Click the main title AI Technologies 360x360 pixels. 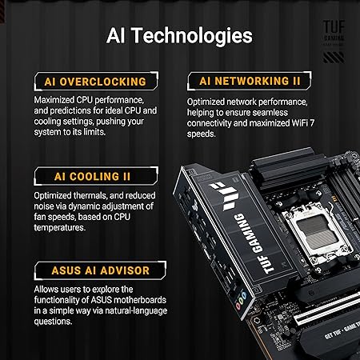(179, 36)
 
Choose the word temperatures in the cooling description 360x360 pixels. (64, 227)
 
